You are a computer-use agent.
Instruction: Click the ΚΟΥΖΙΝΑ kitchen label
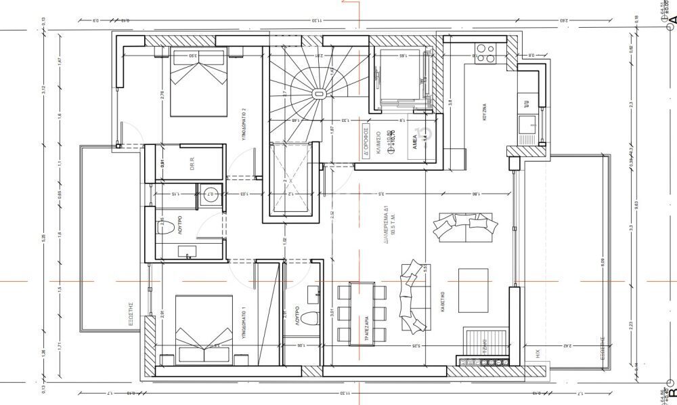tap(485, 111)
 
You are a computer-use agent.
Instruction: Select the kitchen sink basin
tap(527, 124)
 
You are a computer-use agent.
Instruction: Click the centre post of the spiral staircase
tap(318, 94)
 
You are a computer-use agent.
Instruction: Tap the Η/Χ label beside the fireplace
tap(538, 352)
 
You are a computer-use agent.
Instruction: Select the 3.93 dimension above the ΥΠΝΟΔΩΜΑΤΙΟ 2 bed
tap(193, 56)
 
